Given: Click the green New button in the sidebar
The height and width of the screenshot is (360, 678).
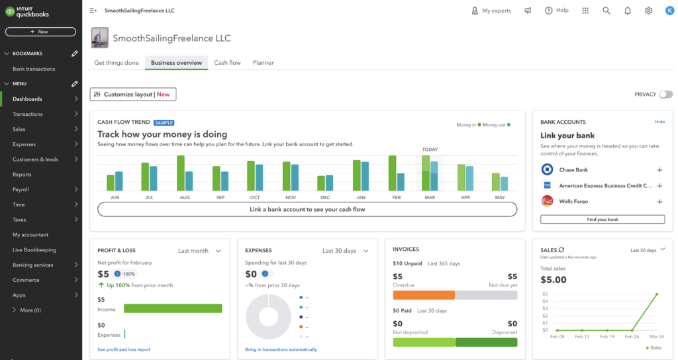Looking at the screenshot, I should pos(40,32).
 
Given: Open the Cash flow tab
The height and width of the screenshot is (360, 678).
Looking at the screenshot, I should pos(227,63).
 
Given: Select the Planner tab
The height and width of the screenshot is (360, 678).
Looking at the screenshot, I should pos(263,63).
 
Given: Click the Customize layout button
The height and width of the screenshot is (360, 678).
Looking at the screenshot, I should pos(133,95).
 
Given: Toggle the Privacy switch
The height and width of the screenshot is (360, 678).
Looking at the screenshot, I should pos(665,95).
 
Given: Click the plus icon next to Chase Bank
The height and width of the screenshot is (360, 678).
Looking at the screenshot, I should pos(659,170).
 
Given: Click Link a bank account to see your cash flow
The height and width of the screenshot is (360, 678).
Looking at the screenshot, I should pos(307,209).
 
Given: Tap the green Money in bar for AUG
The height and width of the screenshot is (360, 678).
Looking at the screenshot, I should pos(180,173).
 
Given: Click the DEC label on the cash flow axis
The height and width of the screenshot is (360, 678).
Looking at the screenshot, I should pos(325,198).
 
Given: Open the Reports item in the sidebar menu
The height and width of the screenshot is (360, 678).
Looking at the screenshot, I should pos(22,175).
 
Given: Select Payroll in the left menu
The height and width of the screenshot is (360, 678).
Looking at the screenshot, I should pos(21,190).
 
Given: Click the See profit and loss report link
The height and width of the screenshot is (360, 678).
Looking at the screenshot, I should pos(124,349).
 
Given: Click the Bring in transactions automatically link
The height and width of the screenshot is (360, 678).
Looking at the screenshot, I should pos(281,349).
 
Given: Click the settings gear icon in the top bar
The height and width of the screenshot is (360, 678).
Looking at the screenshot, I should pos(648,11).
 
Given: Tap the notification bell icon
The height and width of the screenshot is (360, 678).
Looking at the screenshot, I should pos(628,11).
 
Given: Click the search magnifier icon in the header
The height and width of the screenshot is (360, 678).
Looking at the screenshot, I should pos(606,11).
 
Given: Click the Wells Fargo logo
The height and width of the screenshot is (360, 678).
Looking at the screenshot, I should pos(548,201).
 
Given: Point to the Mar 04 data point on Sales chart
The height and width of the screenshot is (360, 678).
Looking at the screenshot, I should pos(656,294).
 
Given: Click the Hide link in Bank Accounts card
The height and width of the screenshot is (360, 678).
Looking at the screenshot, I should pos(659,122).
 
